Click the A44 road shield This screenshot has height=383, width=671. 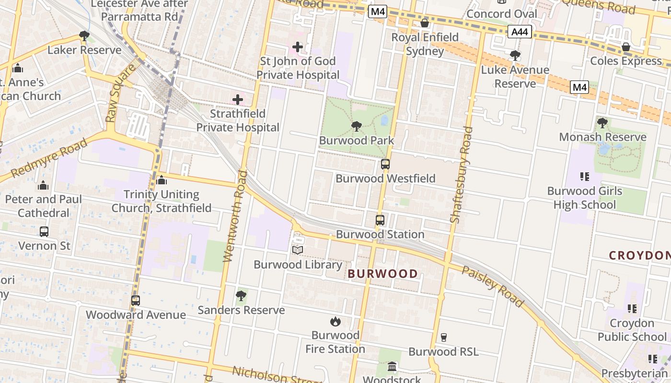pyautogui.click(x=520, y=32)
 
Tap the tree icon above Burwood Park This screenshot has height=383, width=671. pyautogui.click(x=356, y=126)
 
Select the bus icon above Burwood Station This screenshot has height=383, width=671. pyautogui.click(x=380, y=220)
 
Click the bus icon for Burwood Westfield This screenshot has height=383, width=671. pyautogui.click(x=385, y=164)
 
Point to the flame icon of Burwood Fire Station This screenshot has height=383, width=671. pyautogui.click(x=335, y=321)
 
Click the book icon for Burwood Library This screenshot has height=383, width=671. pyautogui.click(x=298, y=250)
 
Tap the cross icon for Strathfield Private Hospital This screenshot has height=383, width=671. pyautogui.click(x=237, y=100)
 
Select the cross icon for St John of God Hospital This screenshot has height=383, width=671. pyautogui.click(x=298, y=47)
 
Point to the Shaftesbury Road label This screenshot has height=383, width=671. pyautogui.click(x=462, y=175)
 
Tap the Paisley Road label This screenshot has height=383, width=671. pyautogui.click(x=492, y=286)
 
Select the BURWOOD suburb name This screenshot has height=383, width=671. pyautogui.click(x=382, y=274)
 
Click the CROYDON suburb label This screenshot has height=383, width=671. pyautogui.click(x=639, y=256)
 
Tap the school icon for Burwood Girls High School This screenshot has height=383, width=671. pyautogui.click(x=584, y=177)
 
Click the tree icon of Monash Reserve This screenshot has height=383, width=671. pyautogui.click(x=602, y=123)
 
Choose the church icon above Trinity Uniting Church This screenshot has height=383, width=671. pyautogui.click(x=162, y=180)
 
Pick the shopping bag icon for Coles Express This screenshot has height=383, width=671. pyautogui.click(x=625, y=47)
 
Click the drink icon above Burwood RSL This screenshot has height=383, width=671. pyautogui.click(x=443, y=338)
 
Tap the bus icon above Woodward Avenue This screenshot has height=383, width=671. pyautogui.click(x=136, y=301)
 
